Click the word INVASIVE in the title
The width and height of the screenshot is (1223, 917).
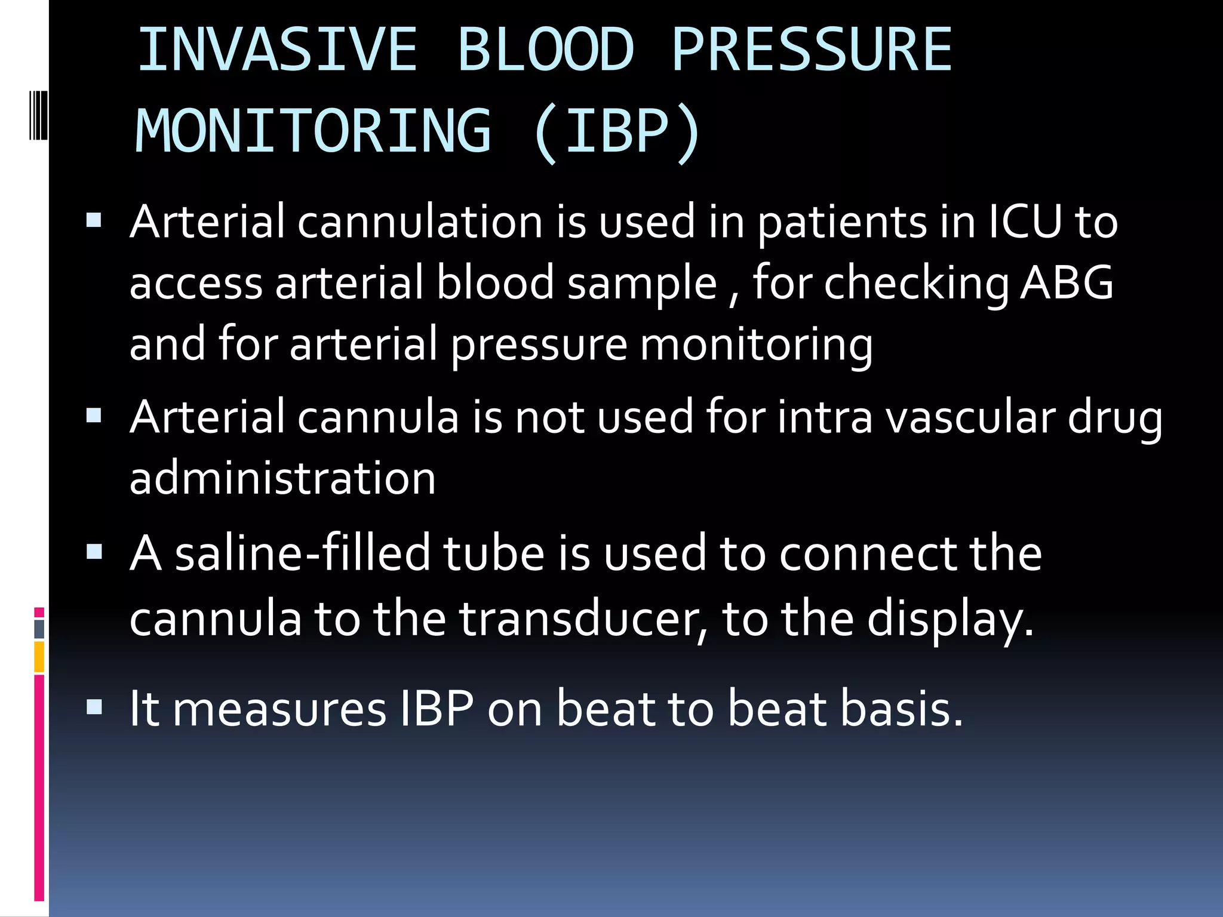click(277, 50)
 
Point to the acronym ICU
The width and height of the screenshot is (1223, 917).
click(1025, 222)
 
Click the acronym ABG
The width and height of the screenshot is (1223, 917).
click(1067, 283)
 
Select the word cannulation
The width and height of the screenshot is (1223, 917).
click(420, 222)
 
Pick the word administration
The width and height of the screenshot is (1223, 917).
click(282, 479)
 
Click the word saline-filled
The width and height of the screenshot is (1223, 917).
click(302, 553)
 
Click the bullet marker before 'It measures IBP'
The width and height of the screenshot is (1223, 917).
click(94, 707)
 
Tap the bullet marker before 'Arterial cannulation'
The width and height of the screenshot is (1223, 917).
click(94, 221)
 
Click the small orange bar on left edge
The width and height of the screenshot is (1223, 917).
click(39, 657)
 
